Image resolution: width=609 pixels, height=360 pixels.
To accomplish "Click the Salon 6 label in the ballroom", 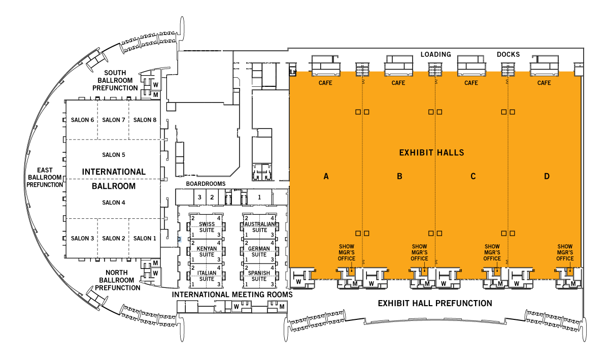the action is coord(82,120).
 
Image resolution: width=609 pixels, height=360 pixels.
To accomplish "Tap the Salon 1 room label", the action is coord(145,238).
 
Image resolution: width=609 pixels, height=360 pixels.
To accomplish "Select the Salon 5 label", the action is coord(114,155).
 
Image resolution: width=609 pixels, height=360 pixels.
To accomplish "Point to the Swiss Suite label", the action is coord(207,227).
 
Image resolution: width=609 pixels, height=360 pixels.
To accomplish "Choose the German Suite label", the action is coord(259,252).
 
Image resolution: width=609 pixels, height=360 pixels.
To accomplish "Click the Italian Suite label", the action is coord(207,276).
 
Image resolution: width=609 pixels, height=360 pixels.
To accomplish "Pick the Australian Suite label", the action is coord(260,227).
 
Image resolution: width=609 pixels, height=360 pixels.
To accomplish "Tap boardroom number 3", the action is coord(199,198).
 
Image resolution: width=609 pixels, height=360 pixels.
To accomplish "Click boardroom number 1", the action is coord(259,198).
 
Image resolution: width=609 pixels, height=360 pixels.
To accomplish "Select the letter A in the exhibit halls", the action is coord(326,176).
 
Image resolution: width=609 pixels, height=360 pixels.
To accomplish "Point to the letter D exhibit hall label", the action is coord(547,176).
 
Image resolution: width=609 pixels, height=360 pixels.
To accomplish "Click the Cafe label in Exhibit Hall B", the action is coord(398,83).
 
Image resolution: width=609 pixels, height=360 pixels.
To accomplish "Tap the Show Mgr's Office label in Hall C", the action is coord(492,252).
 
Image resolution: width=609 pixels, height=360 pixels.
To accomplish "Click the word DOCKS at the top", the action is coord(509,54).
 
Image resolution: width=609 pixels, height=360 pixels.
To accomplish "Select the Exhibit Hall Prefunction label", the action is coord(435,304).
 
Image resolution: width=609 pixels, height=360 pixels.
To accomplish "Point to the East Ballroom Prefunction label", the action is coord(45,177).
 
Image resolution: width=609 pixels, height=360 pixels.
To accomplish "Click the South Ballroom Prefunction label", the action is coord(115,81).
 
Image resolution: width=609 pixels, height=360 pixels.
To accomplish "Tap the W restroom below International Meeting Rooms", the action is coord(236,307).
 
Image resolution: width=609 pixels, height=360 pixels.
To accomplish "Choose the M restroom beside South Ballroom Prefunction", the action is coord(155,95).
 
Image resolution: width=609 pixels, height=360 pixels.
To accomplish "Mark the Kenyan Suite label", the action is coord(207,252).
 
